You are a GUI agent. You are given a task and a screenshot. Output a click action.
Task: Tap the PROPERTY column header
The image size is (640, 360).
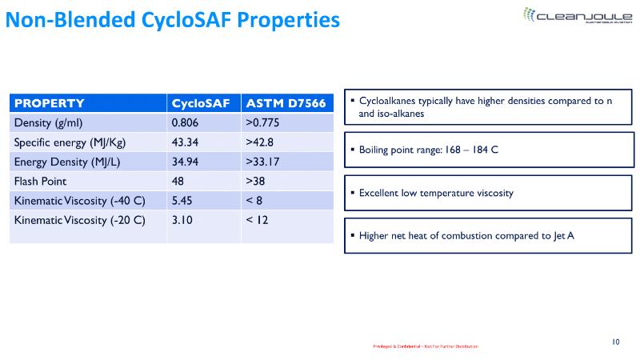[x=50, y=103]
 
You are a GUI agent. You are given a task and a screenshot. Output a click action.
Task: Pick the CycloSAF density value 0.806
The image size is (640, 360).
[x=185, y=123]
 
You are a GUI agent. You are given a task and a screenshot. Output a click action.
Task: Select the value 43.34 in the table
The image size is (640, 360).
[x=186, y=142]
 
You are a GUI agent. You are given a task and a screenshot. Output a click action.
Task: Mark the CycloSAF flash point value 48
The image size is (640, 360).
[x=178, y=181]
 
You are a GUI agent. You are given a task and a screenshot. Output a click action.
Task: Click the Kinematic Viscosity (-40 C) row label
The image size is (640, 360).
[x=79, y=200]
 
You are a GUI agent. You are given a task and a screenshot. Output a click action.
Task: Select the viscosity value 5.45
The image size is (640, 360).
[x=182, y=200]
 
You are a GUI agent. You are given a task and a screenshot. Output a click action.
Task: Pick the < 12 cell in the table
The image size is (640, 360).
[x=257, y=219]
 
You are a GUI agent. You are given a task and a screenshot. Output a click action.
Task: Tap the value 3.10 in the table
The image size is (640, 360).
[x=182, y=219]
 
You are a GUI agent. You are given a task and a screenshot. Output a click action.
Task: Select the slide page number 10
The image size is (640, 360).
[x=616, y=342]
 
